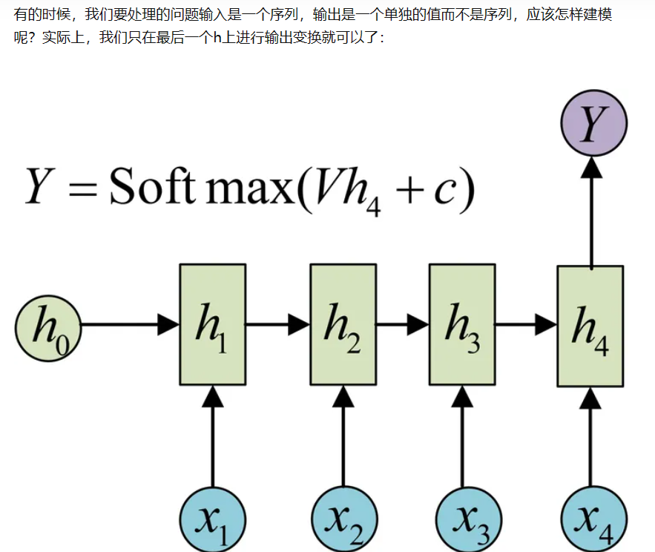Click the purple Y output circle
coord(593,123)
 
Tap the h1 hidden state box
coord(212,324)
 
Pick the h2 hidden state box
coord(343,324)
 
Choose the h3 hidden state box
coord(462,324)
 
